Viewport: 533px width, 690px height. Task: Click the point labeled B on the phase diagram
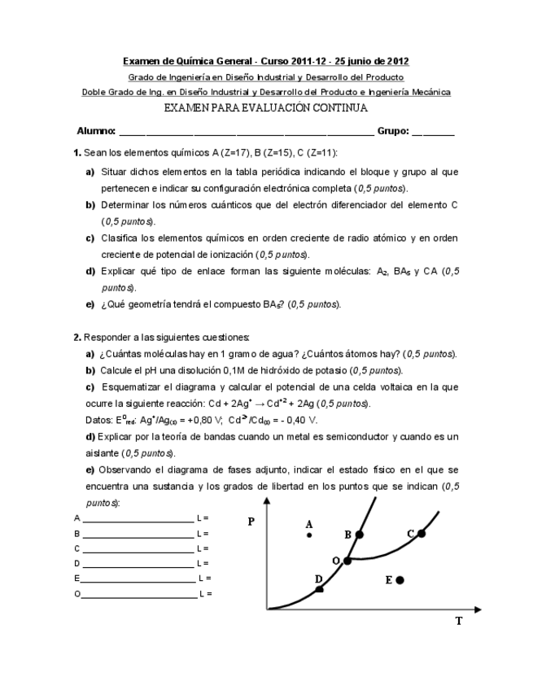[360, 534]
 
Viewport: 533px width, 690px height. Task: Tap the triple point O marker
[347, 560]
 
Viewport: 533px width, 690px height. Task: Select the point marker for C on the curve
[422, 533]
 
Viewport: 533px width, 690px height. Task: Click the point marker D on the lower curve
[319, 587]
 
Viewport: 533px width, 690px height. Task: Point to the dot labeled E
[400, 579]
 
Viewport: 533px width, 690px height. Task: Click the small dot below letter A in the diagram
[309, 535]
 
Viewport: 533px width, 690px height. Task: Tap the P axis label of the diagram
[251, 522]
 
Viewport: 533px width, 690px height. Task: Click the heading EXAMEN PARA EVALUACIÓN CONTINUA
[266, 107]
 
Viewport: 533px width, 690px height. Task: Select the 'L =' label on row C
[203, 548]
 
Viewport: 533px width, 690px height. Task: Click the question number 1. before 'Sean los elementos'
[76, 153]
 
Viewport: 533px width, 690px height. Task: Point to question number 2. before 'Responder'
[76, 337]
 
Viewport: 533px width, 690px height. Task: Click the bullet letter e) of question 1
[90, 304]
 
